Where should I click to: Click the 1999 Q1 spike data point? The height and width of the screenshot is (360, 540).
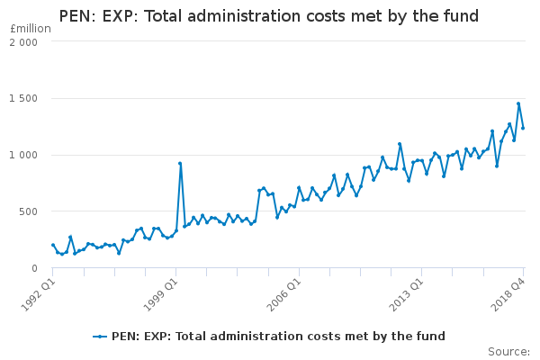(x=180, y=164)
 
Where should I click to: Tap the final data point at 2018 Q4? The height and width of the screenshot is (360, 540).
(x=523, y=128)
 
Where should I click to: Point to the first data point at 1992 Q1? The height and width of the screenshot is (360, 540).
(x=53, y=245)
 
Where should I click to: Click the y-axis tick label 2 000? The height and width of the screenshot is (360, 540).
(x=24, y=42)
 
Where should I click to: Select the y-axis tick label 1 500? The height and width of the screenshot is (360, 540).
(x=24, y=99)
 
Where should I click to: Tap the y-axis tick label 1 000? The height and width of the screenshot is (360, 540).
(x=24, y=155)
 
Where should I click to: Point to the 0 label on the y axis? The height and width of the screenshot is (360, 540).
(x=34, y=268)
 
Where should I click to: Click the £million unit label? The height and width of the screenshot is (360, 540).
(x=30, y=28)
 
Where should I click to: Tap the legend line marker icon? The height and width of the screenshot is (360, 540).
(x=100, y=337)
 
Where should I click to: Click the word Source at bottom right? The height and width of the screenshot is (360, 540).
(x=508, y=351)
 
